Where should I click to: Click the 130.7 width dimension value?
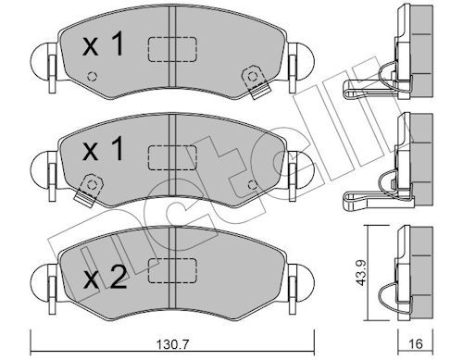point(172,344)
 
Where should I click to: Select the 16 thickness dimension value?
point(416,344)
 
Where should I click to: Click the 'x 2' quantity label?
point(105,278)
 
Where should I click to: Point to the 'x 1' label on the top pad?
point(103,45)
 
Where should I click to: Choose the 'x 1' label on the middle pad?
point(103,149)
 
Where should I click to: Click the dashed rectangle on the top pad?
point(172,49)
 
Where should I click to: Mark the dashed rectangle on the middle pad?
point(172,157)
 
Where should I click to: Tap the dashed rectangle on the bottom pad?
point(172,270)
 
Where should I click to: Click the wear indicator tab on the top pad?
point(256,81)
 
